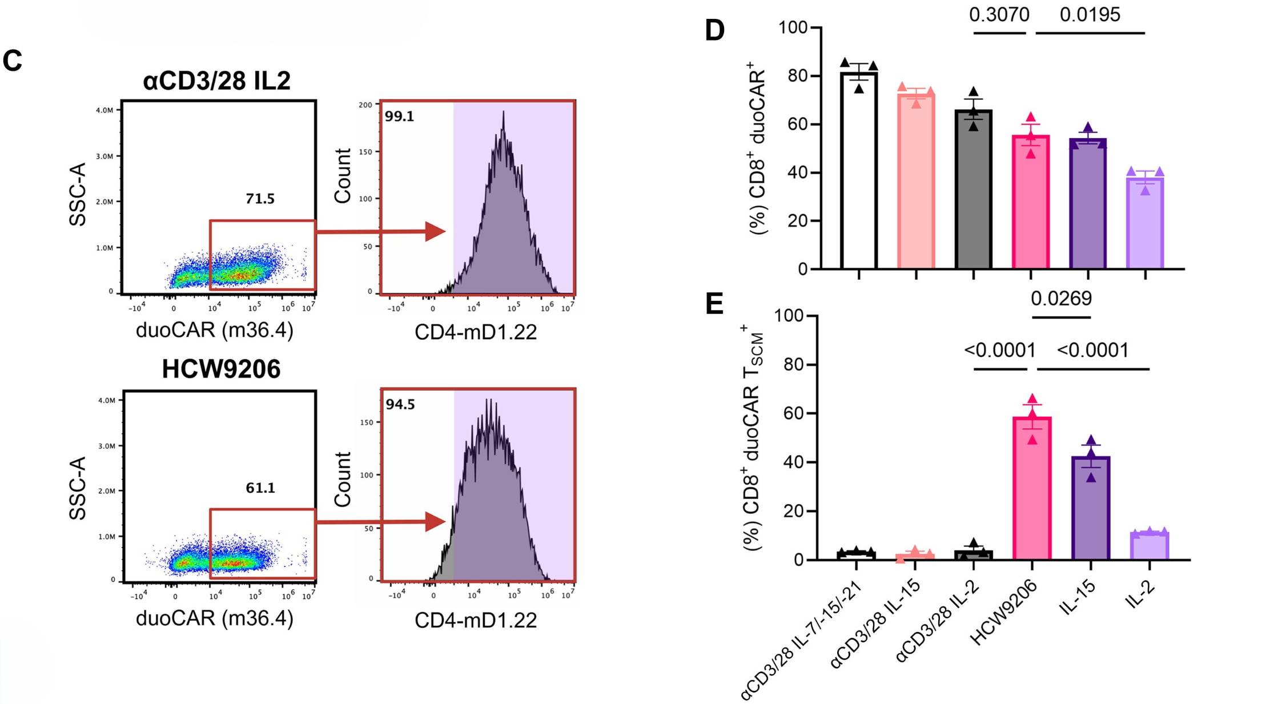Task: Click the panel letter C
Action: tap(13, 61)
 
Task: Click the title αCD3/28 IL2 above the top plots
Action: tap(216, 81)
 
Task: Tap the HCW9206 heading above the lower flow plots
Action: tap(221, 369)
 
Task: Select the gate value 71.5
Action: tap(260, 199)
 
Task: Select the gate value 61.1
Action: tap(260, 488)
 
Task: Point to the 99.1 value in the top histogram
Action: tap(399, 116)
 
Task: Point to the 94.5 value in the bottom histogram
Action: tap(400, 405)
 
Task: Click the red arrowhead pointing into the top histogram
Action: tap(435, 231)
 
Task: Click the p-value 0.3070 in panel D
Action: tap(999, 14)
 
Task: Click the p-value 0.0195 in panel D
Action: tap(1090, 14)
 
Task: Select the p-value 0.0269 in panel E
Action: tap(1061, 298)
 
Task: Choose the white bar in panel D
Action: tap(858, 171)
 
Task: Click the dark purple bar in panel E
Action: tap(1091, 508)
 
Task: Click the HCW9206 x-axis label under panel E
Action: tap(1003, 613)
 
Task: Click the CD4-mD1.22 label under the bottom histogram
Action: tap(476, 621)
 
